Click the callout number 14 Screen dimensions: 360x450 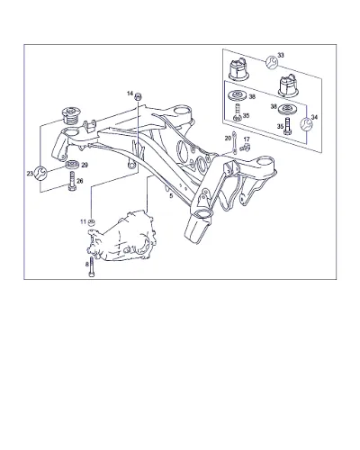coord(130,94)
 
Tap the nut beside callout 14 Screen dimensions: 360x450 coord(138,96)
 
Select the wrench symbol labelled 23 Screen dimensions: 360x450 coord(40,173)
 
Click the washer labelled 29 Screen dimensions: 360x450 coord(72,165)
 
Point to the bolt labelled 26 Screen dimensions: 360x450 coord(72,181)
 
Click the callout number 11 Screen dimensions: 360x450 coord(83,221)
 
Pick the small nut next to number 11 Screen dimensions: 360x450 coord(92,222)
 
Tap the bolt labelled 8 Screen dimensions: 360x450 coord(92,267)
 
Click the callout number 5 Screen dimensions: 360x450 coord(171,196)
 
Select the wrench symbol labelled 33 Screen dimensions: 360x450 coord(272,62)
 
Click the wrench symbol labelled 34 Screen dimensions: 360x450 coord(307,124)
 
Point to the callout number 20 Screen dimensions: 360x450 coord(228,138)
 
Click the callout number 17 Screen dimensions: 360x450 coord(247,139)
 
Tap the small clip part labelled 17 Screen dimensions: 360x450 coord(245,148)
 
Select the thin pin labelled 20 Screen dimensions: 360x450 coord(234,142)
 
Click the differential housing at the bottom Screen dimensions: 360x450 coord(121,236)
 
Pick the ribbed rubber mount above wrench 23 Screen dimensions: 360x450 coord(70,116)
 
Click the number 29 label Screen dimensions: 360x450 coord(85,165)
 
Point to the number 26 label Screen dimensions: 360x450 coord(80,181)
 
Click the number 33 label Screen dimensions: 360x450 coord(281,55)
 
